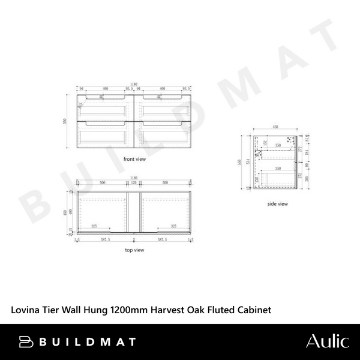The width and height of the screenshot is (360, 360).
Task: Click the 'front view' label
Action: click(x=134, y=160)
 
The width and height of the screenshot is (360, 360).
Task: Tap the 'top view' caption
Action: click(x=134, y=250)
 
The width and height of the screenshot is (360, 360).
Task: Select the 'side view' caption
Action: click(x=278, y=204)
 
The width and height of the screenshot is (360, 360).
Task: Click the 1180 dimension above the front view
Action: click(x=134, y=85)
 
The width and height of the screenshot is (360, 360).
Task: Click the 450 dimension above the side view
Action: click(x=276, y=128)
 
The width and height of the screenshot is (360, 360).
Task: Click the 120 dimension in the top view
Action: click(x=134, y=183)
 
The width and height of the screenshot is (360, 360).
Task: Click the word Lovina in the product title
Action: click(x=26, y=310)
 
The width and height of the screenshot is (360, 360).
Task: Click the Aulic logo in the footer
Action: click(x=326, y=342)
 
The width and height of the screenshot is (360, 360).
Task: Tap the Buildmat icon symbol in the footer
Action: click(x=26, y=342)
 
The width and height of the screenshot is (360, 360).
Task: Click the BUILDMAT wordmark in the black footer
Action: click(x=87, y=342)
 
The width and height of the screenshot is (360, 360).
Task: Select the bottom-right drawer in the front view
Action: click(x=163, y=134)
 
